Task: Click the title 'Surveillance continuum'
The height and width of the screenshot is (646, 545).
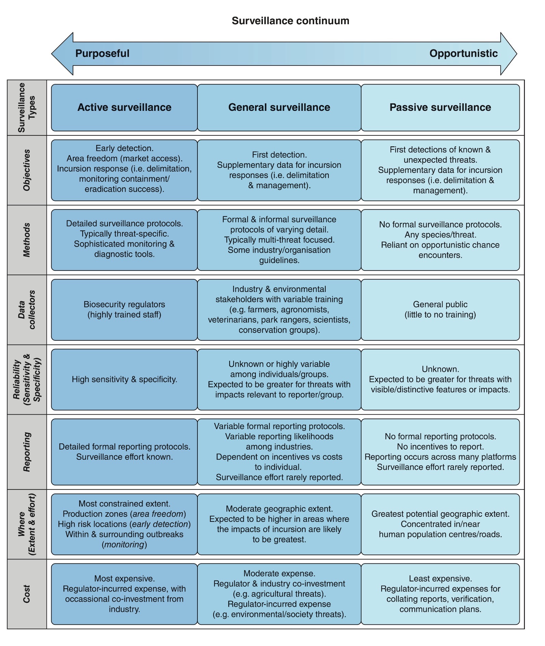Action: [290, 21]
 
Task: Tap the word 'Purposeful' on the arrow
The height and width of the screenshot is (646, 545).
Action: [102, 53]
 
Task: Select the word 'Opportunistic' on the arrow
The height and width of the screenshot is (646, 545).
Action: [463, 53]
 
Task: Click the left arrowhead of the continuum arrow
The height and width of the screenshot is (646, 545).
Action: [62, 54]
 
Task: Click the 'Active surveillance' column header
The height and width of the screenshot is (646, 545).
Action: [124, 107]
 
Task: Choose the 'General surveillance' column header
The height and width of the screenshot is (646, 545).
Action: [279, 107]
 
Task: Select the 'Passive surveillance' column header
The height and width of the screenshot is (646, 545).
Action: [440, 107]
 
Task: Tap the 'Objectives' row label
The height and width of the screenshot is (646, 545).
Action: [27, 170]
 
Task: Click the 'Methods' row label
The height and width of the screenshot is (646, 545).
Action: [27, 240]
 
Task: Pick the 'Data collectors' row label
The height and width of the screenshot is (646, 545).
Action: [27, 310]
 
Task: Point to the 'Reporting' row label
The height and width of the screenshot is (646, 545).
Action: [27, 452]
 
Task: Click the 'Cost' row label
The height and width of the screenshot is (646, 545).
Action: [27, 594]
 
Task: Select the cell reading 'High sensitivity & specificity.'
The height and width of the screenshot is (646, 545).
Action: [124, 379]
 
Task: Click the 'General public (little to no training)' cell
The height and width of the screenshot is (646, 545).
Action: [440, 310]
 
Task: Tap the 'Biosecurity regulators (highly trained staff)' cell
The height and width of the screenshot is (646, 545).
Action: [124, 310]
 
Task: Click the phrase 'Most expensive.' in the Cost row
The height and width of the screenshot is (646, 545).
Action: [124, 578]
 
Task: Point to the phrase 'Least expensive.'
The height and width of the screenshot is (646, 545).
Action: [440, 578]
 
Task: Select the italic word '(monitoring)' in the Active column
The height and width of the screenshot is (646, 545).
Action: [124, 544]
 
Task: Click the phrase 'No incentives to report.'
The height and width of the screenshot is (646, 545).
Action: [440, 446]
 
